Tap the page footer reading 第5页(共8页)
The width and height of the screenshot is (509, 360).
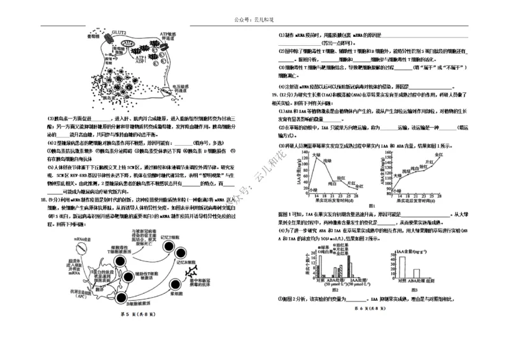click(130, 314)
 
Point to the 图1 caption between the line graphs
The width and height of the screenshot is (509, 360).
click(372, 205)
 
